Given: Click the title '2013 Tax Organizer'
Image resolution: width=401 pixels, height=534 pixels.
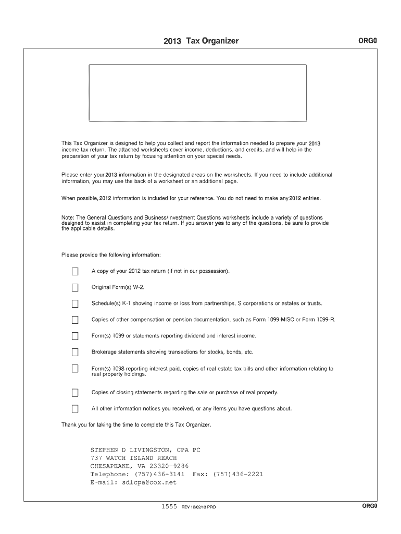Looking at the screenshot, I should [x=200, y=41].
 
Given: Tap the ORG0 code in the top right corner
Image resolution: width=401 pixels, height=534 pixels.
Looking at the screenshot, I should [x=368, y=41].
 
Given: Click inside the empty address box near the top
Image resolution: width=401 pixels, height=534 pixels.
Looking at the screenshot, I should [x=198, y=93].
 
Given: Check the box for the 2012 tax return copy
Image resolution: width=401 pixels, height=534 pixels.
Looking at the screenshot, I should [x=75, y=271].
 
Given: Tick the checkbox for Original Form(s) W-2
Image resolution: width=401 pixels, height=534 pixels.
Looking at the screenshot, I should [x=75, y=287].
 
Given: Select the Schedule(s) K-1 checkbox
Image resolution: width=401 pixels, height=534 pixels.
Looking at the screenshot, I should [x=75, y=304].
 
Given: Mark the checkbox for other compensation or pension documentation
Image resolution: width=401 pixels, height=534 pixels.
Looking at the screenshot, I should [x=75, y=320].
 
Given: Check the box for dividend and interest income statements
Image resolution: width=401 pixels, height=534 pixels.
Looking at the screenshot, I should [x=75, y=336].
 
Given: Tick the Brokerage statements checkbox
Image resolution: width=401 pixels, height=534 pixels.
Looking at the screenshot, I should [x=75, y=352].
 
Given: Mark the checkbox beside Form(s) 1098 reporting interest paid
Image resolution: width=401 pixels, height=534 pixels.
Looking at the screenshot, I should [x=75, y=369].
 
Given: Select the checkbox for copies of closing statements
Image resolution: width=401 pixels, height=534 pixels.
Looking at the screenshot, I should [x=75, y=393].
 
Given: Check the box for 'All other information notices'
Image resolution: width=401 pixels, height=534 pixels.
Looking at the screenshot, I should [x=75, y=409].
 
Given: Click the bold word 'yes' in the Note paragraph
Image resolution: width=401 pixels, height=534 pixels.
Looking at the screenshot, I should [x=219, y=223].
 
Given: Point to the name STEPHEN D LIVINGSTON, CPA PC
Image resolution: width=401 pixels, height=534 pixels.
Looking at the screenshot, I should [x=145, y=450].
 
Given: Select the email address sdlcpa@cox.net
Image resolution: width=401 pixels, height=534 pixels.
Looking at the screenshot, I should [x=149, y=483].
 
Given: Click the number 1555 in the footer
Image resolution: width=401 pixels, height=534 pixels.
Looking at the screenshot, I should [x=169, y=506].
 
